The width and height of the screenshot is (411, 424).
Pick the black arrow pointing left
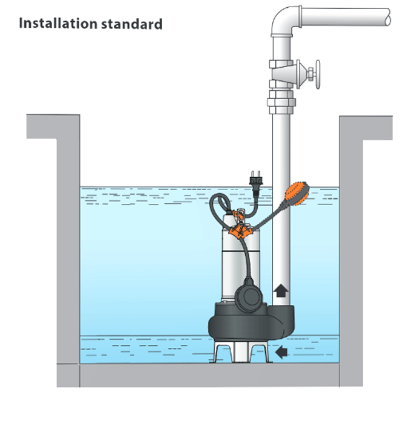pyautogui.click(x=280, y=352)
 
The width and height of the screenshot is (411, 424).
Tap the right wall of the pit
pyautogui.click(x=351, y=242)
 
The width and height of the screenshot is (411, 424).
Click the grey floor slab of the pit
pyautogui.click(x=206, y=376)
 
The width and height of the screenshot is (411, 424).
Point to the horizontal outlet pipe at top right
pyautogui.click(x=351, y=16)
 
